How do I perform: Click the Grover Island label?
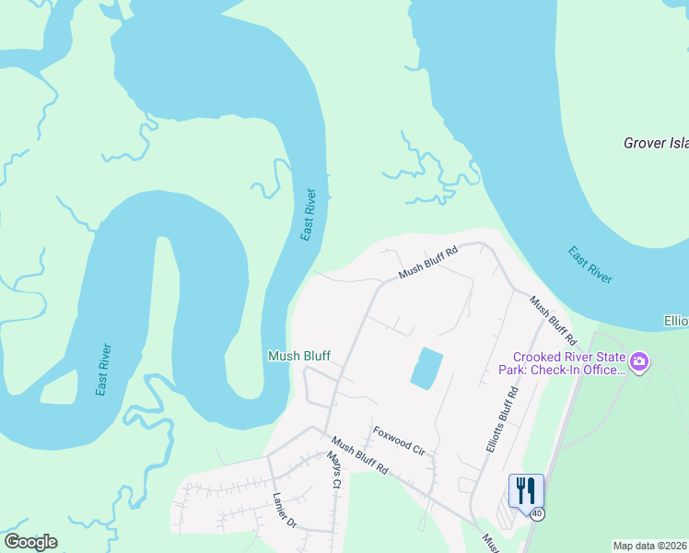click(x=656, y=143)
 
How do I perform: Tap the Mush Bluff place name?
click(x=298, y=356)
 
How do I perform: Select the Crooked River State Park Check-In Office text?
click(x=569, y=363)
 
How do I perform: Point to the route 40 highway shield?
click(x=536, y=513)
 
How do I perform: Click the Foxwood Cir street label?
click(x=398, y=441)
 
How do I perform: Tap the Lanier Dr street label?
click(x=284, y=511)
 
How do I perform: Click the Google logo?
click(x=30, y=542)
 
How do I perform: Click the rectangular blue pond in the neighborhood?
click(x=426, y=369)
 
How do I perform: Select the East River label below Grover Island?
click(x=590, y=265)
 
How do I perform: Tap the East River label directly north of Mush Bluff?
click(x=309, y=215)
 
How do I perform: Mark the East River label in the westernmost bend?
click(x=105, y=370)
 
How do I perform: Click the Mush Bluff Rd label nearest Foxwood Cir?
click(x=360, y=455)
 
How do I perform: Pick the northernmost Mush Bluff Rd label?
click(x=428, y=263)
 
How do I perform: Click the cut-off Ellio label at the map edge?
click(x=675, y=322)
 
